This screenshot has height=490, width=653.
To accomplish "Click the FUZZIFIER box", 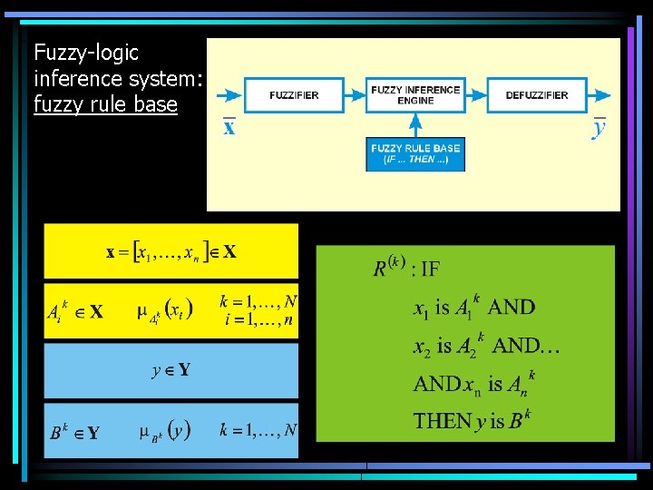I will pos(294,95).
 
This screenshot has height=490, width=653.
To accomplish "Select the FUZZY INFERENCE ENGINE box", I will pos(414,94).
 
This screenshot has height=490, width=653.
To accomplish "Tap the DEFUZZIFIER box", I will pos(536,95).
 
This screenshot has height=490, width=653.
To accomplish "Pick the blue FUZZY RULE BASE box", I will pos(415,153).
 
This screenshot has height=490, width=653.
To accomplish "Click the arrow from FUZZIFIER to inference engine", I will pos(355,95).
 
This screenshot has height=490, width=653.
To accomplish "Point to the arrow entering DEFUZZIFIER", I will pos(476,95).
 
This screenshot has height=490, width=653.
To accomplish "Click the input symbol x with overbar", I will pos(229,127).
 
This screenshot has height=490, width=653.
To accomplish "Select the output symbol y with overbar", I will pos(599,127).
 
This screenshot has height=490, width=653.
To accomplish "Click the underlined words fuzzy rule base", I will pos(105,104).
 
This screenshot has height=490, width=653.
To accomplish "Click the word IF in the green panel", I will pos(430,269).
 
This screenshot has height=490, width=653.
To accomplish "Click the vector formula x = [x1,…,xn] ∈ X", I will pos(171,251).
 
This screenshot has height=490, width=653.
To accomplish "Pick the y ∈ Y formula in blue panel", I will pos(171,369).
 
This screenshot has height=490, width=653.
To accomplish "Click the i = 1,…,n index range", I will pos(258,319).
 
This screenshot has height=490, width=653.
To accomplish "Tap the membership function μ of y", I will pos(163,431).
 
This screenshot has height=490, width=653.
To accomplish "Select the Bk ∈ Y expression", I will pos(74,432).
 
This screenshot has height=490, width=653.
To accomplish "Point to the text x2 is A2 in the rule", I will pos(450,346).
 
